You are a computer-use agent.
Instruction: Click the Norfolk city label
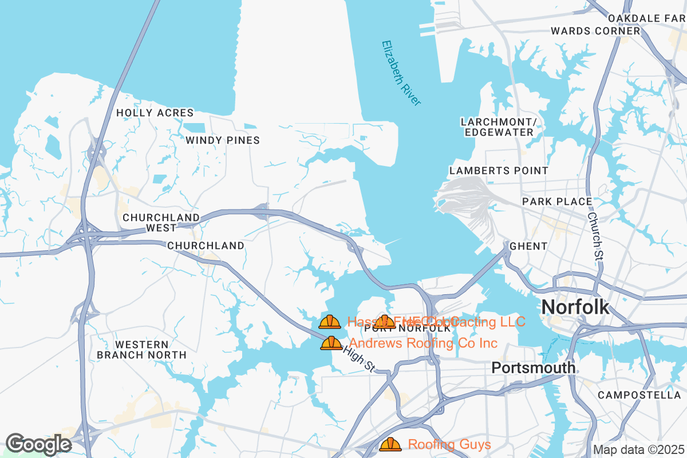pos(575,307)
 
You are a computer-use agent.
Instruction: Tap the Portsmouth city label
pos(533,368)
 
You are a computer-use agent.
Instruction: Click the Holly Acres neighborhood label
pos(155,113)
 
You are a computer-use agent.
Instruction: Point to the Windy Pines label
pos(223,140)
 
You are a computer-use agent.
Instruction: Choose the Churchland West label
pos(161,223)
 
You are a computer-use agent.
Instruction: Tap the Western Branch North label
pos(141,350)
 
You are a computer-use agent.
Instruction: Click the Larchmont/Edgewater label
pos(499,127)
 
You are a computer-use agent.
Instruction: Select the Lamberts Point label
pos(499,171)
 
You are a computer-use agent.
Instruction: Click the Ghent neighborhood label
pos(528,246)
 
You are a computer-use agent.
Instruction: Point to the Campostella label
pos(639,396)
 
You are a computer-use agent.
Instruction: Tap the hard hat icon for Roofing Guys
pos(390,444)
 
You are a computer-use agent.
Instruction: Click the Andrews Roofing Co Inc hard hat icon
pos(331,343)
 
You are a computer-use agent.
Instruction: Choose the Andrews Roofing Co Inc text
pos(423,343)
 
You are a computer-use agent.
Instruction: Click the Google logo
pos(38,444)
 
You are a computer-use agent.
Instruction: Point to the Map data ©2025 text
pos(638,449)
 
